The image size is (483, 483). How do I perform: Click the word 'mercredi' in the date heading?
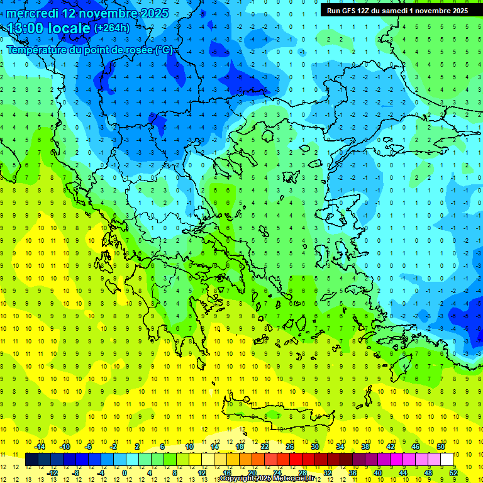point(33,13)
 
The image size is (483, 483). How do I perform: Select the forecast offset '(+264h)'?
point(112,28)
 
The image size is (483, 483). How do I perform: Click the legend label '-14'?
point(40,447)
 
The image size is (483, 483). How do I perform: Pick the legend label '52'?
point(453,472)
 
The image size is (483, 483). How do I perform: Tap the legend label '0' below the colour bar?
point(124,472)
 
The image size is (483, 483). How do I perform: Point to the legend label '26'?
point(290,447)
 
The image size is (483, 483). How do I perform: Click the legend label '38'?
point(365,447)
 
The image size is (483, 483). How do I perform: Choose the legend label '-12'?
point(52,472)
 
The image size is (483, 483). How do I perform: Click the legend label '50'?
point(441,447)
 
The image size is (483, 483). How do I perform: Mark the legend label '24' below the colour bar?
point(277,472)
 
